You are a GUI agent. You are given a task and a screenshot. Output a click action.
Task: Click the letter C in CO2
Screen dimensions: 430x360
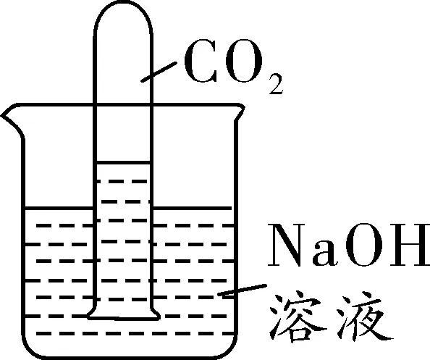[x=201, y=61]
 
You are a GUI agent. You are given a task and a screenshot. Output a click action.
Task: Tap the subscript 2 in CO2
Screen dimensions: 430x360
[x=275, y=84]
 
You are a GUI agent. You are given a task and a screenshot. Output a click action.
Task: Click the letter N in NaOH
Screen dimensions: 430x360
[x=289, y=245]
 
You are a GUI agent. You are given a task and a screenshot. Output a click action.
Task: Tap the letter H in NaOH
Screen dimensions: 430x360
[x=409, y=245]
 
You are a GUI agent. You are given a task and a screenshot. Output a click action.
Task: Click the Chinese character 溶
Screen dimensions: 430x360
[x=298, y=318]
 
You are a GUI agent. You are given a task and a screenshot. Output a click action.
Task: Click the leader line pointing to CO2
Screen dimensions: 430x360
[x=159, y=72]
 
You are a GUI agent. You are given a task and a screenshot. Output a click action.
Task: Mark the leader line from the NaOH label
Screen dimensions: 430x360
[x=243, y=290]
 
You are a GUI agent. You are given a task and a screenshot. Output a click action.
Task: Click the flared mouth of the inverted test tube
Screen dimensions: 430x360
[x=123, y=318]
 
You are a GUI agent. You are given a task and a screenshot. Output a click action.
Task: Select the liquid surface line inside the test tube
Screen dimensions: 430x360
[x=123, y=163]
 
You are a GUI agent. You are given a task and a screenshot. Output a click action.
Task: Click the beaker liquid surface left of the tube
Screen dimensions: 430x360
[x=59, y=209]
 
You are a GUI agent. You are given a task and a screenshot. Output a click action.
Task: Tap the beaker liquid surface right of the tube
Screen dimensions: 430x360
[x=192, y=209]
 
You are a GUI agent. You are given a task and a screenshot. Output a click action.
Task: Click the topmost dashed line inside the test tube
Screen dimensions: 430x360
[x=122, y=181]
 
